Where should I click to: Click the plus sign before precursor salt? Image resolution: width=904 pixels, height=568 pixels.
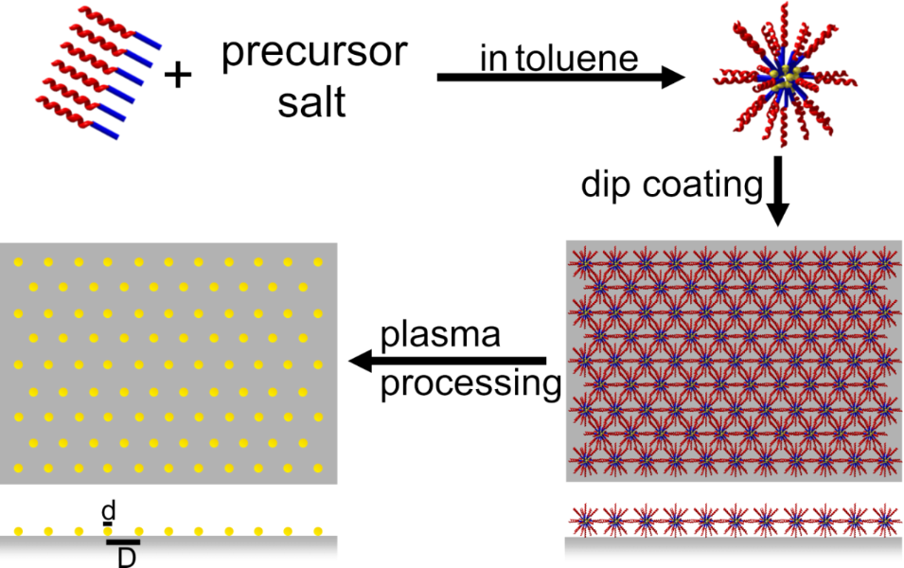(177, 75)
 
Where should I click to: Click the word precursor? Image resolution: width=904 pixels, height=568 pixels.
(313, 52)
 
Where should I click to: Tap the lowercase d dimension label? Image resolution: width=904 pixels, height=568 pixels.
(109, 510)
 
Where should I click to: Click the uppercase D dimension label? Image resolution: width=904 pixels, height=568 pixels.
(124, 559)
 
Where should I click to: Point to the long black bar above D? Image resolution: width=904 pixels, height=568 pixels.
(123, 542)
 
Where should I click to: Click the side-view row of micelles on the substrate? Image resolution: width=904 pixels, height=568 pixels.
(733, 519)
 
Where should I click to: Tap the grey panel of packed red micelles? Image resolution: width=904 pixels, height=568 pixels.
(733, 360)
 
